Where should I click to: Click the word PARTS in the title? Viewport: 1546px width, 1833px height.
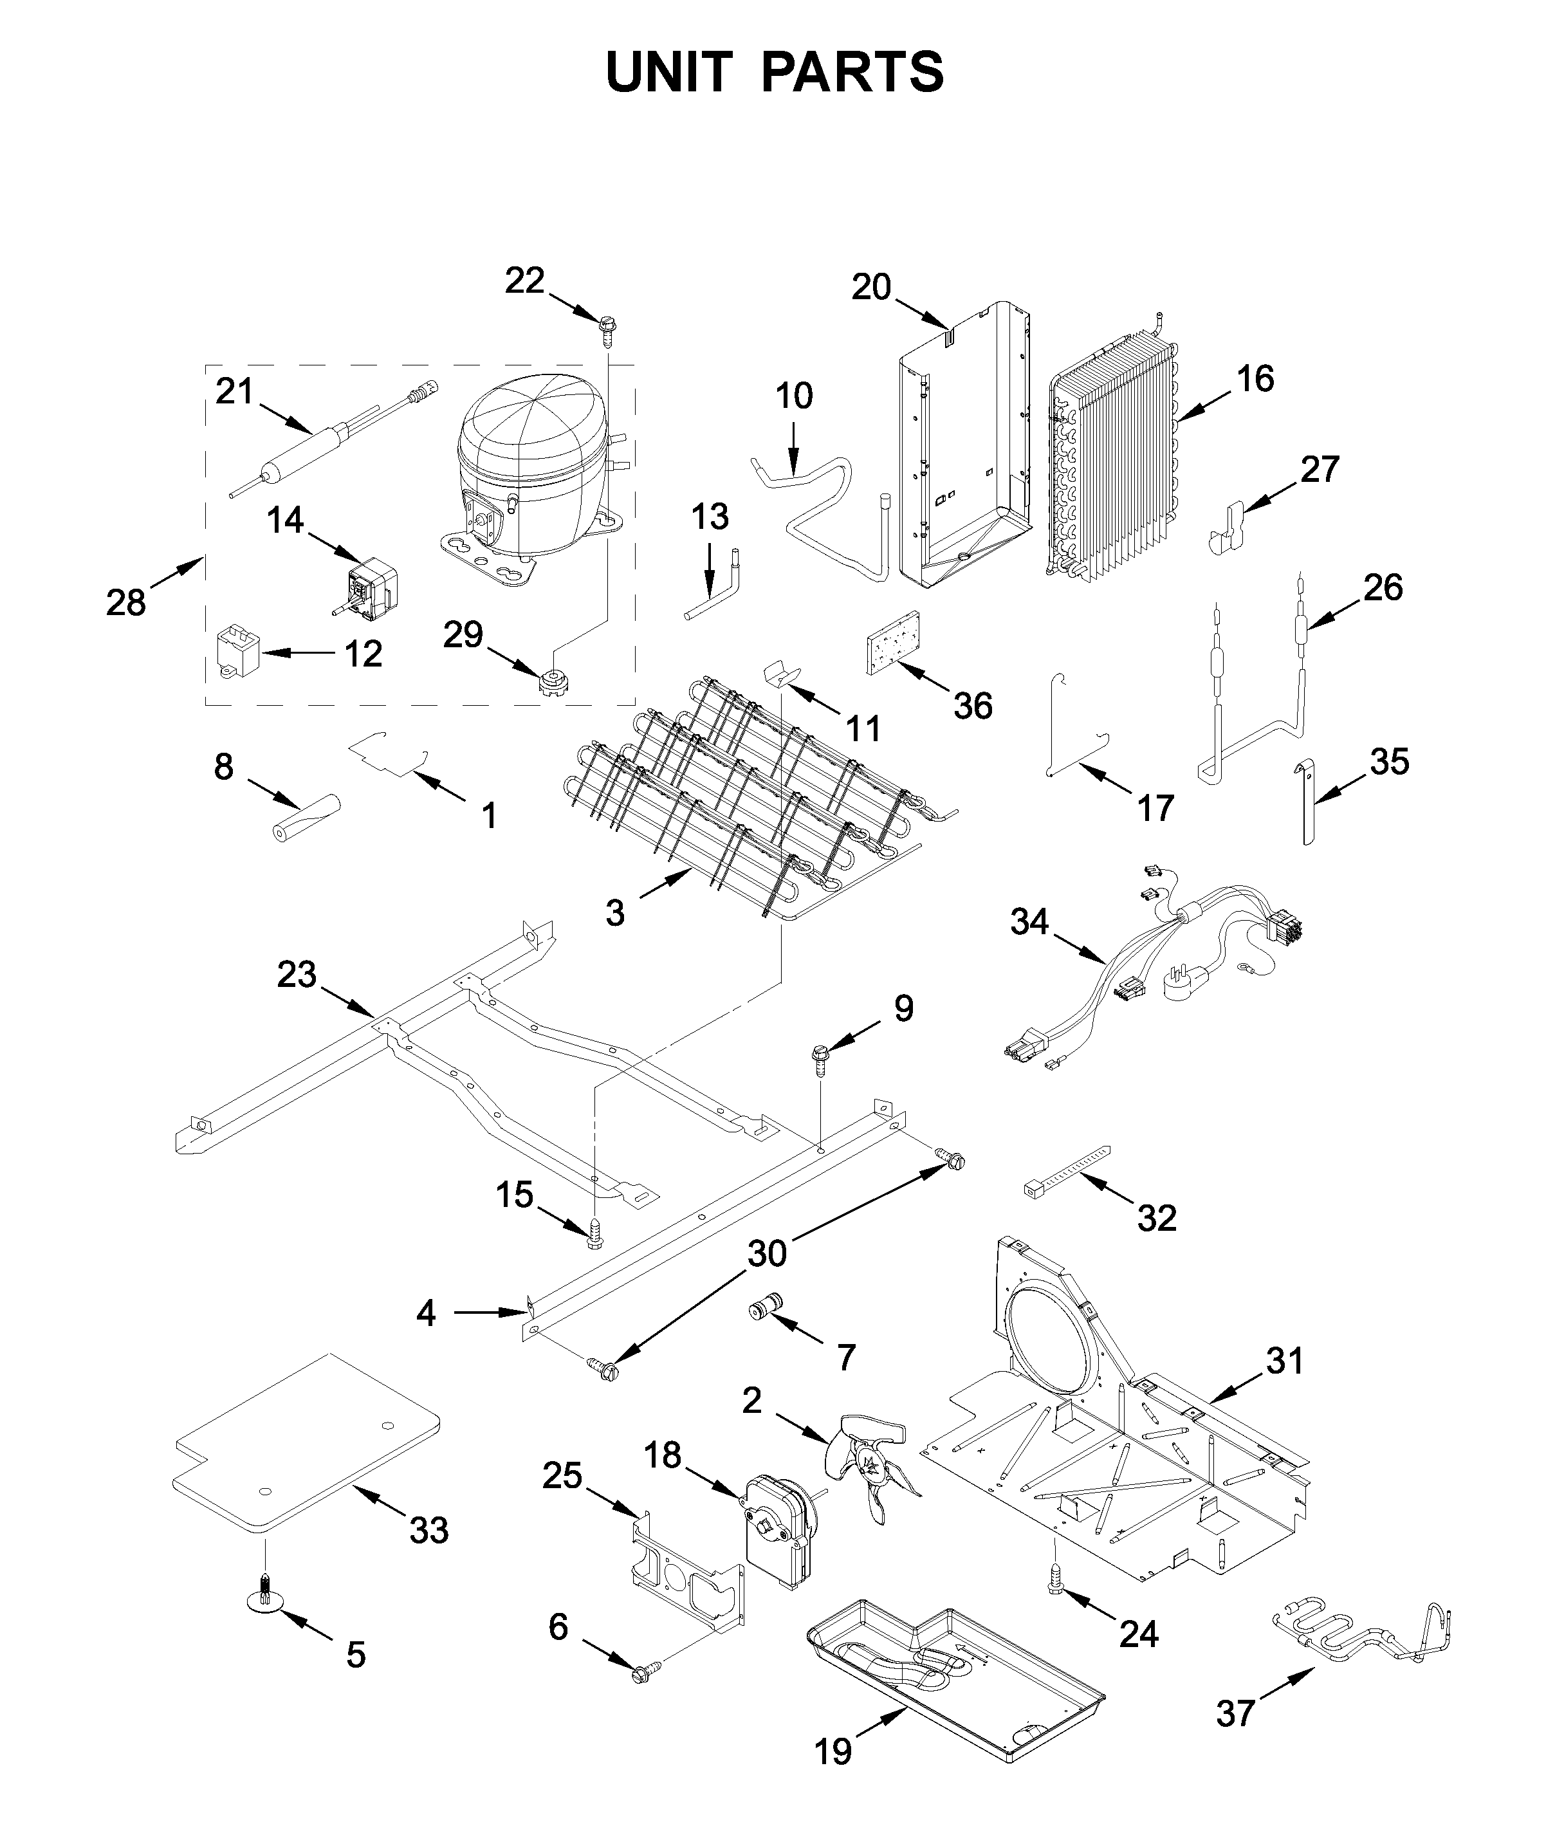click(852, 72)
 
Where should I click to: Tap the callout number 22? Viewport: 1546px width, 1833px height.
click(524, 281)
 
